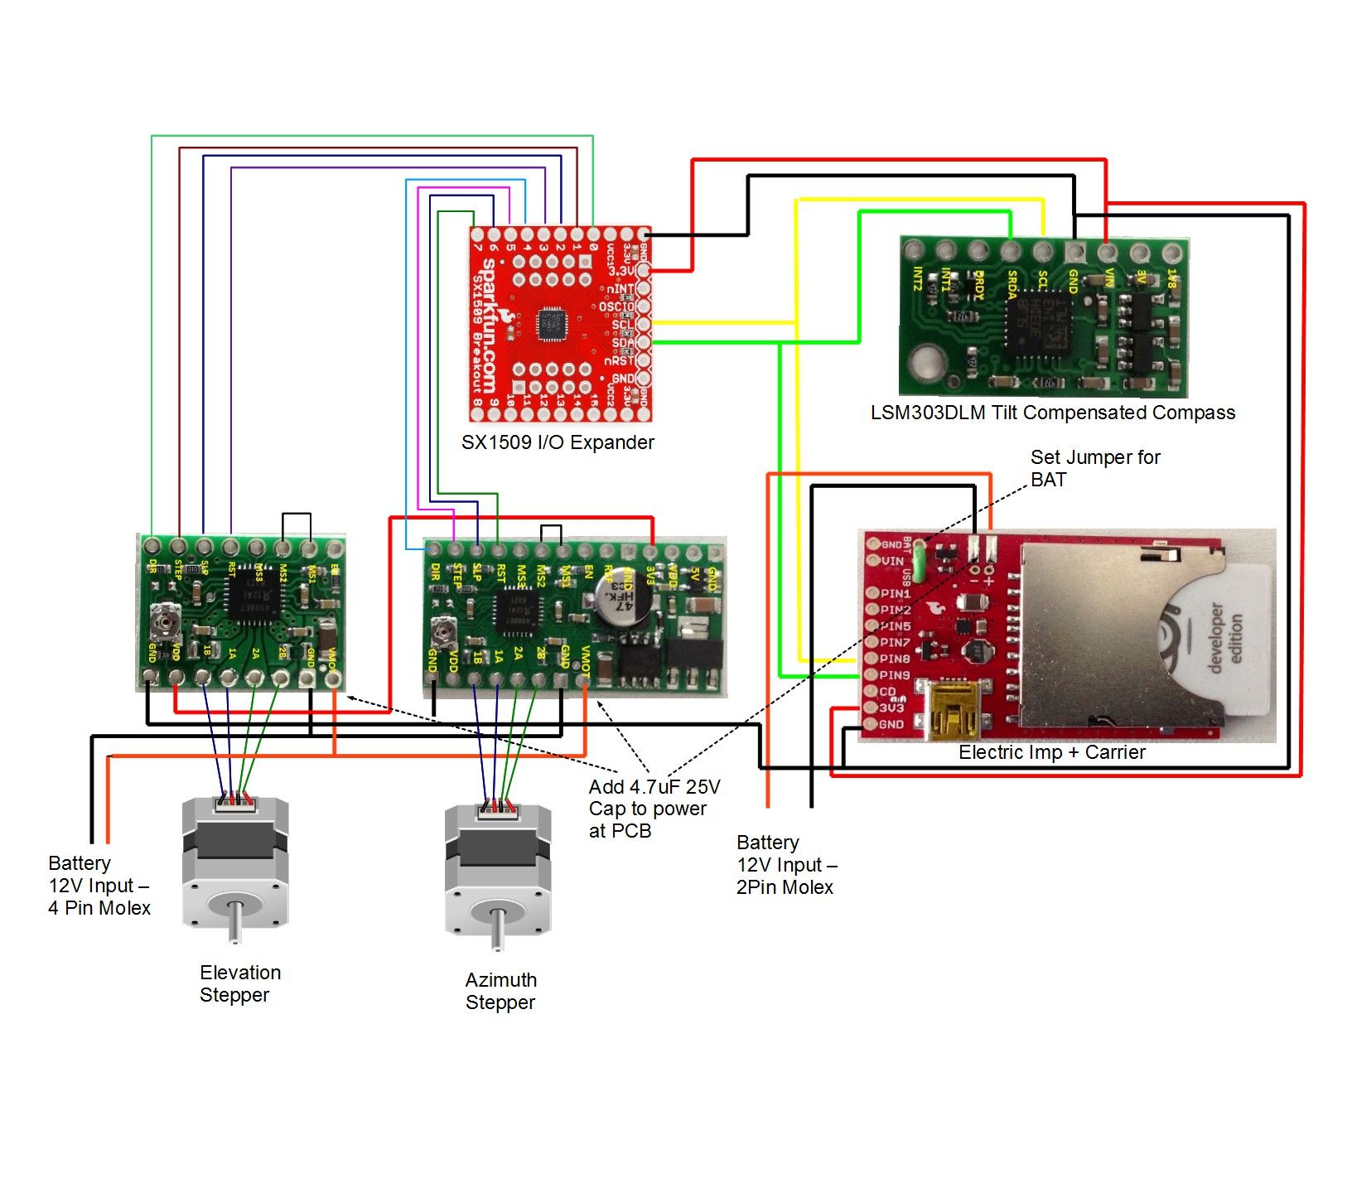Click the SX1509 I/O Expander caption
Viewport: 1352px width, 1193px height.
[558, 442]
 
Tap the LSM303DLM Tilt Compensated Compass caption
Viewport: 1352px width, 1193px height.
[1052, 413]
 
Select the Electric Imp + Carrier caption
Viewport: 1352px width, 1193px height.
[1051, 752]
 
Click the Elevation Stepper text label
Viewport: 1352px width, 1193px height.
[240, 983]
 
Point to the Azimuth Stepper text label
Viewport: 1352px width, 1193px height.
[500, 991]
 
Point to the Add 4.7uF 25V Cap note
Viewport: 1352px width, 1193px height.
[654, 809]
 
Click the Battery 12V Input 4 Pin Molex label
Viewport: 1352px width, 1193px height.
[99, 886]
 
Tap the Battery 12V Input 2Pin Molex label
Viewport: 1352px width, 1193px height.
[785, 865]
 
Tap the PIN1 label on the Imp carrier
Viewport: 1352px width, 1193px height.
[895, 594]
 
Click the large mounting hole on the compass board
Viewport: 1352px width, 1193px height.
[925, 363]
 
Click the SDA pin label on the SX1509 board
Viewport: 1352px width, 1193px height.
[622, 343]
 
